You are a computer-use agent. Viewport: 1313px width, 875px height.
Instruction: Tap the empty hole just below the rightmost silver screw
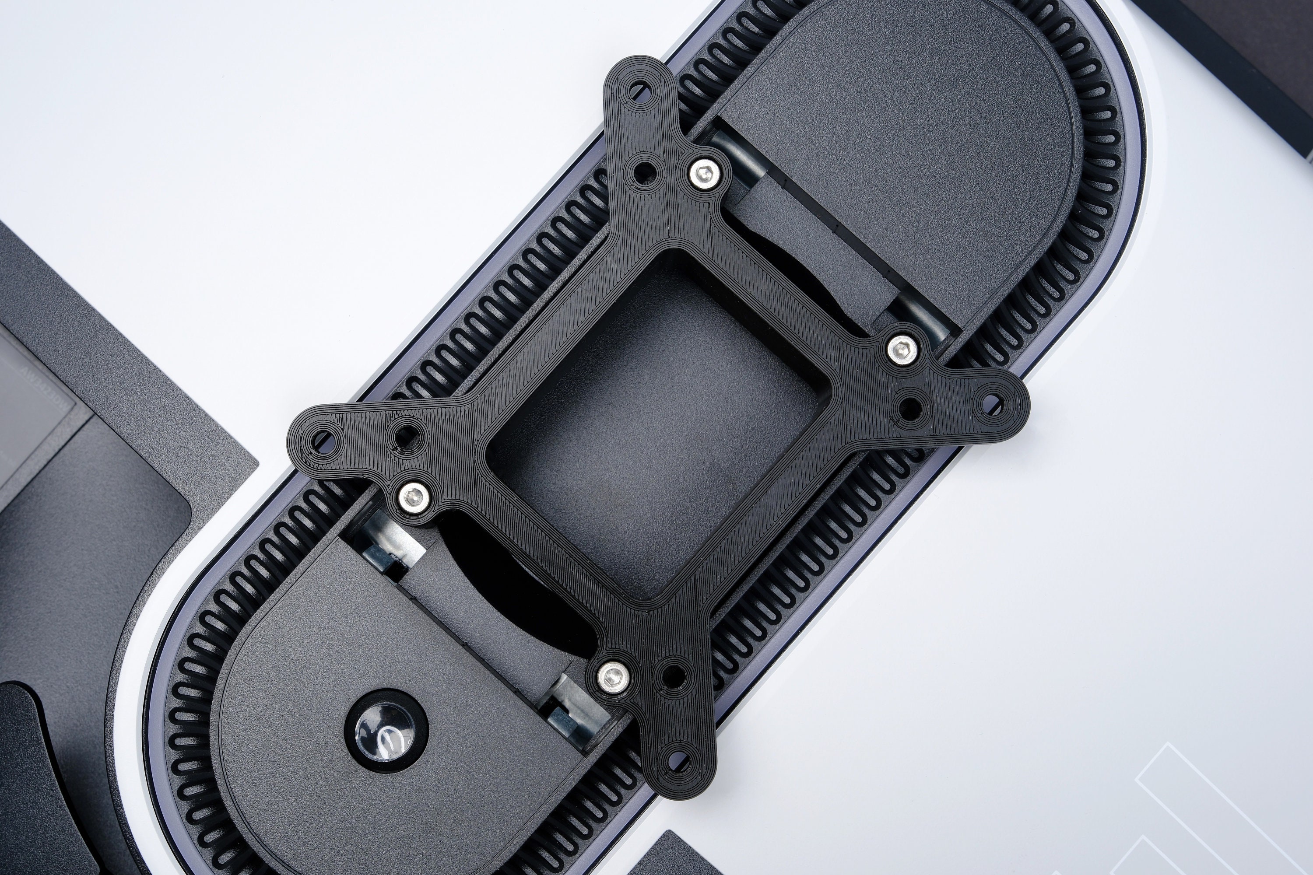point(910,408)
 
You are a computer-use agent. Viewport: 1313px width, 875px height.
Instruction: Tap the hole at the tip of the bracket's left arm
point(323,439)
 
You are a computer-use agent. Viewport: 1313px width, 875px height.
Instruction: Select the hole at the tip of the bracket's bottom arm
point(678,757)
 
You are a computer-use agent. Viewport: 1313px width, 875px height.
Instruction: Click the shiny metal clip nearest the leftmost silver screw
point(385,547)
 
